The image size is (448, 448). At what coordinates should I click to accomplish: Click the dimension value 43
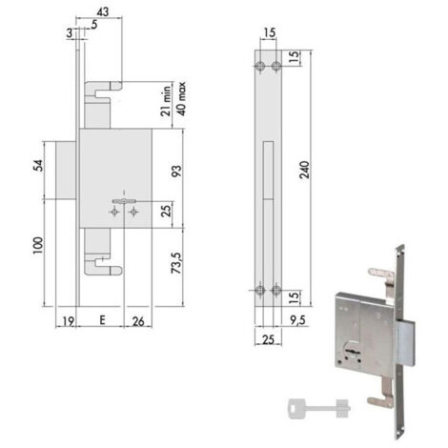tap(102, 11)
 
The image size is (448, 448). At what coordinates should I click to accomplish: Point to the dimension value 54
tap(38, 166)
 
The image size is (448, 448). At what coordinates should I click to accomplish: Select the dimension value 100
tap(38, 245)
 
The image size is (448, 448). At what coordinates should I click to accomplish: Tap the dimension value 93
tap(177, 172)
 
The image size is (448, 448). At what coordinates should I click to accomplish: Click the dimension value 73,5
tap(176, 263)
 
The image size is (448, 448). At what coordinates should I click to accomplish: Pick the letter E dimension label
tap(102, 320)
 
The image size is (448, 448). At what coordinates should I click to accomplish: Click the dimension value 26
tap(138, 321)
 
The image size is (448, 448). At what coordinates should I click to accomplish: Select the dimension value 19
tap(68, 321)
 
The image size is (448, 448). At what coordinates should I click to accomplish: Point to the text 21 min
tap(166, 101)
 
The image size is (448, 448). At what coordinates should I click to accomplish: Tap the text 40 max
tap(181, 99)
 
